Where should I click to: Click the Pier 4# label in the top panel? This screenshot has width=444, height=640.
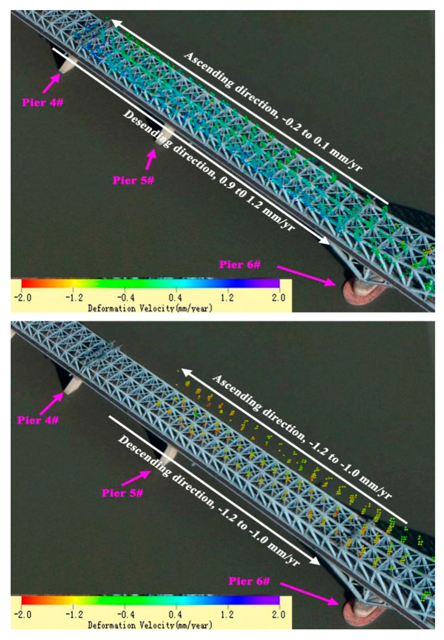click(43, 103)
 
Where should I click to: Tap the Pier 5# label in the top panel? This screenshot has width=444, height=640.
click(133, 180)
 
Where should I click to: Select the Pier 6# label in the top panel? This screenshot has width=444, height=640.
click(240, 264)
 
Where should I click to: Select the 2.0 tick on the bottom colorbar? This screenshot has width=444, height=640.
click(279, 614)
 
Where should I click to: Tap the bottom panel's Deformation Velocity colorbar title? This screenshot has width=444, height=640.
click(150, 625)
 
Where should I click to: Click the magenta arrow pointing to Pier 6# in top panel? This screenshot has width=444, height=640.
click(306, 275)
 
